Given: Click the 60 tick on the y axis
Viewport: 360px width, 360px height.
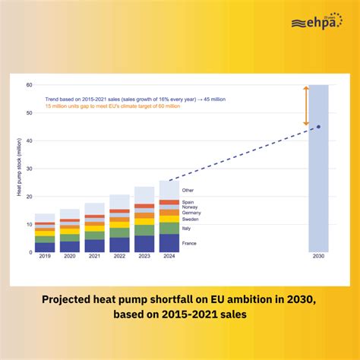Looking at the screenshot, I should click(x=29, y=85).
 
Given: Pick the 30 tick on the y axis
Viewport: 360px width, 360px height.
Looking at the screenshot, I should click(x=29, y=169).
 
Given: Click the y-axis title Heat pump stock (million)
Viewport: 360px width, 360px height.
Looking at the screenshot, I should click(x=19, y=169).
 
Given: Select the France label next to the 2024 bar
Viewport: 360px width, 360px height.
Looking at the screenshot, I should click(x=189, y=242).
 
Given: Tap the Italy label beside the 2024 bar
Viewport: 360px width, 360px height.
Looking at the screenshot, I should click(x=187, y=228).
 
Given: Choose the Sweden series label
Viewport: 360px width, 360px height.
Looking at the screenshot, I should click(x=190, y=218).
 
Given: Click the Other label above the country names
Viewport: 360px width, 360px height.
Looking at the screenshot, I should click(x=188, y=190).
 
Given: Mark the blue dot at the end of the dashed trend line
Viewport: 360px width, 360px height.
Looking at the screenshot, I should click(x=318, y=127).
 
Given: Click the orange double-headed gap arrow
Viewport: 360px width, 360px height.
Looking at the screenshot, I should click(x=307, y=106).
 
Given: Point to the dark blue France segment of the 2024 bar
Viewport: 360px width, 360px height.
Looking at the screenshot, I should click(x=169, y=243).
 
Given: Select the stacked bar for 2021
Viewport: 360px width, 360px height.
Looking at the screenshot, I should click(x=94, y=227).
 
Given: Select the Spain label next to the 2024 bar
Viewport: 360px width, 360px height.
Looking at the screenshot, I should click(x=188, y=202).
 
